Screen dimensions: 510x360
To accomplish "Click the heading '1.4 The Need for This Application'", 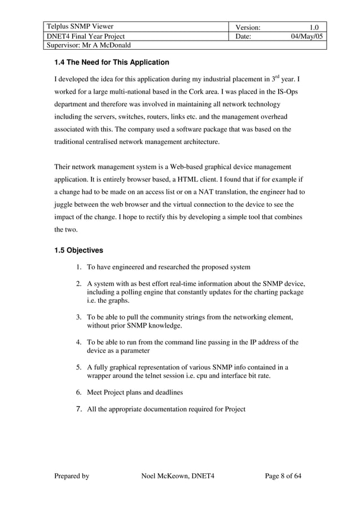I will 111,62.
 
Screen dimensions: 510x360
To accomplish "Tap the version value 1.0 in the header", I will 314,27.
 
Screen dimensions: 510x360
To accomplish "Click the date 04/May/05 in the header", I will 305,36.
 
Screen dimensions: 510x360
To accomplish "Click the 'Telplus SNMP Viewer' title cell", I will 80,27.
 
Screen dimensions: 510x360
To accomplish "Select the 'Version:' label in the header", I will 247,27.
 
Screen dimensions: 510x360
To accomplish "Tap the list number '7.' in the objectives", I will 80,408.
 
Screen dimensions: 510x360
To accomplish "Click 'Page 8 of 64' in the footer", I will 283,476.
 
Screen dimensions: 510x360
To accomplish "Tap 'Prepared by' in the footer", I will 72,476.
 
